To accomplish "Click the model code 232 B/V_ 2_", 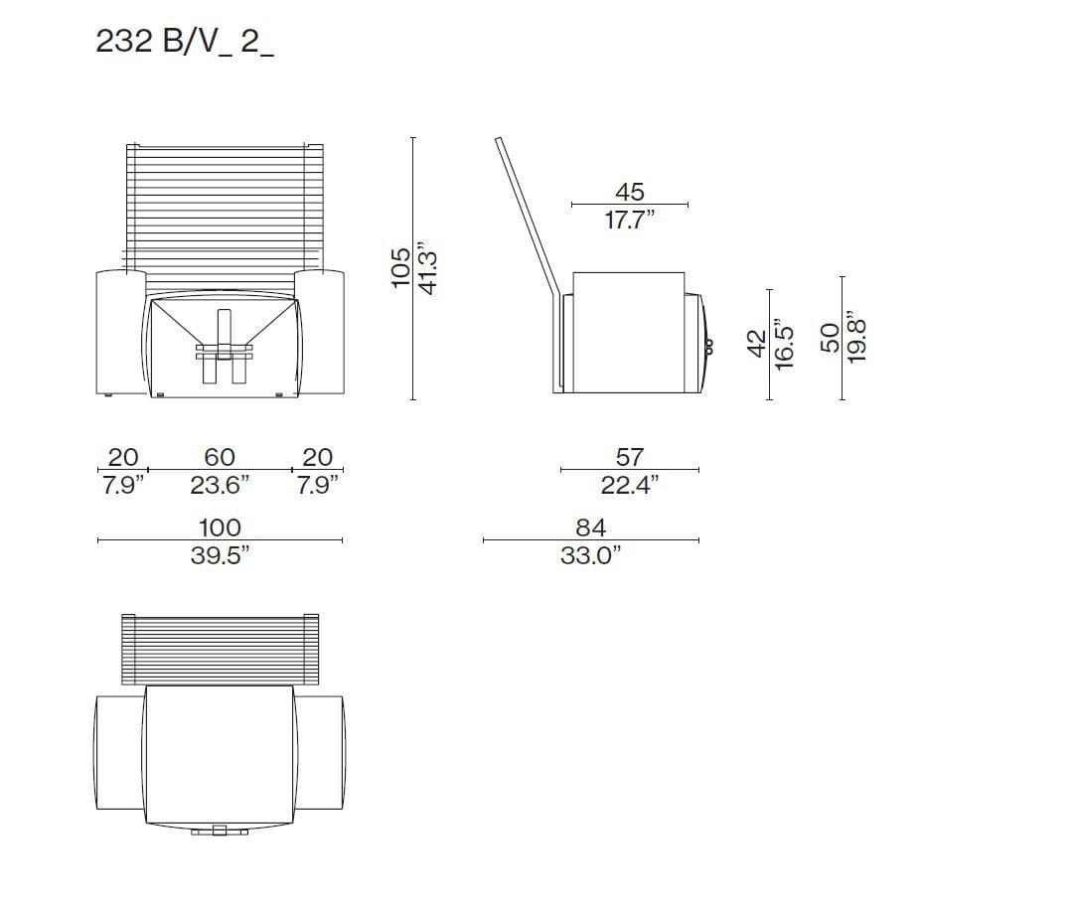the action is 184,42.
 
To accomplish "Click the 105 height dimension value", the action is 400,267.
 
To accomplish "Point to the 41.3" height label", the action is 428,267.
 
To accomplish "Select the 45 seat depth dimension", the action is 629,191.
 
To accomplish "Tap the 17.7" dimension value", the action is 630,220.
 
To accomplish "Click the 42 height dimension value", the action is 756,344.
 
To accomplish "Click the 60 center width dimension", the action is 220,456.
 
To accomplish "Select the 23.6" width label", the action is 220,485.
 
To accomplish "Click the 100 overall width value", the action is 220,528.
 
